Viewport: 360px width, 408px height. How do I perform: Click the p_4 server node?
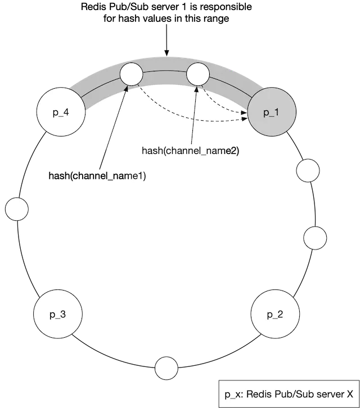[x=61, y=111]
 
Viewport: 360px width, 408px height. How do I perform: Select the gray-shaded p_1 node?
[x=271, y=112]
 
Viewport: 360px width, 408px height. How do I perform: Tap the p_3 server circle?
[x=57, y=314]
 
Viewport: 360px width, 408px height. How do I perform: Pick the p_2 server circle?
[x=274, y=314]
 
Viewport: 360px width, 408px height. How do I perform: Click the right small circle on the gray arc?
[x=197, y=74]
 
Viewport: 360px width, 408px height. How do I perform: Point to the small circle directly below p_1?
[x=307, y=170]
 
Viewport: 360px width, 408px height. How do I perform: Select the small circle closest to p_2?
[x=314, y=238]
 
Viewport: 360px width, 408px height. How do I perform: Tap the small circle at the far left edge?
[x=16, y=209]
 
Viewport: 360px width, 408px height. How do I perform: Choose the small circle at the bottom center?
[x=166, y=368]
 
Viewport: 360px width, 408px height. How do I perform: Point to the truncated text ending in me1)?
[x=134, y=176]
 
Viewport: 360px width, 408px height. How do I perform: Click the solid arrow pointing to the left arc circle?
[x=117, y=121]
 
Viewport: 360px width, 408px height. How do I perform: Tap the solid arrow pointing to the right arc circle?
[x=194, y=115]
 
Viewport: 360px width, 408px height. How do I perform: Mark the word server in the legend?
[x=325, y=395]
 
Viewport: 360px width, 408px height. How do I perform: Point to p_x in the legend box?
[x=232, y=395]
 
